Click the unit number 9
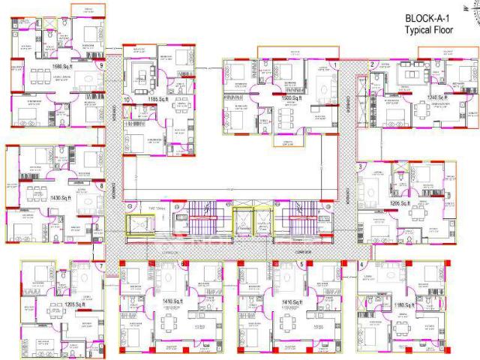pyautogui.click(x=100, y=65)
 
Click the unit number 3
pyautogui.click(x=361, y=166)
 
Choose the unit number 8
pyautogui.click(x=100, y=187)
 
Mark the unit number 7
pyautogui.click(x=100, y=266)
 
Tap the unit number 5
pyautogui.click(x=301, y=264)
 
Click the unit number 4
pyautogui.click(x=361, y=265)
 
